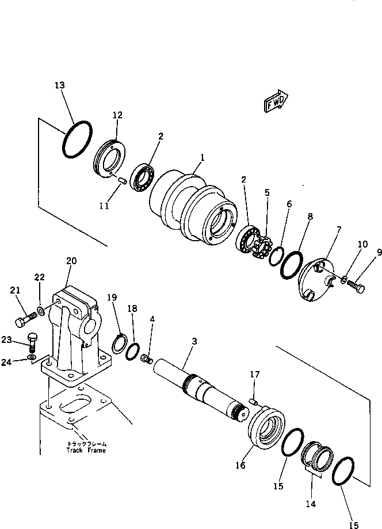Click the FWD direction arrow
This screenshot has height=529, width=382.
coord(277,101)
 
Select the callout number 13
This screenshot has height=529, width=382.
coord(60,86)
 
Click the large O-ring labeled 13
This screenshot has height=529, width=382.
coord(78,139)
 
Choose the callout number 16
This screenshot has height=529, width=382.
coord(240,465)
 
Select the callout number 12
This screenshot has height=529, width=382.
coord(117,115)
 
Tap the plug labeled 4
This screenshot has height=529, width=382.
coord(146,360)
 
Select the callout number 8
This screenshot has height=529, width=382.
coord(310,217)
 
